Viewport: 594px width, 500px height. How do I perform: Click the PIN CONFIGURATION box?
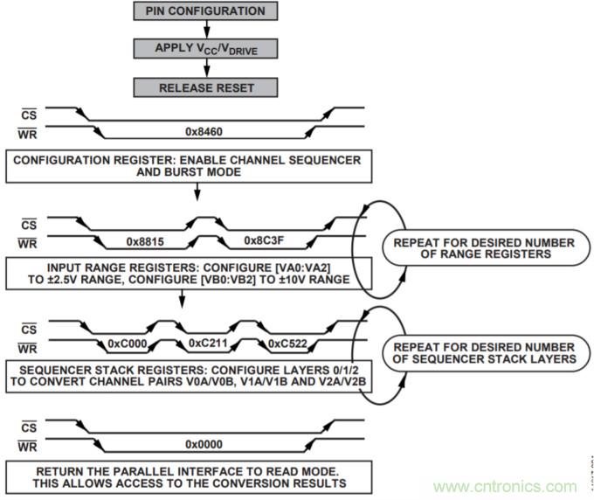tap(204, 11)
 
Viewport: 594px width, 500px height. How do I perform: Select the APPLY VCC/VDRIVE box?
tap(204, 49)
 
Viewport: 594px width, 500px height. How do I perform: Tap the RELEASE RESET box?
tap(204, 87)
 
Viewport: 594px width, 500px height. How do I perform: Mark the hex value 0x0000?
tap(204, 444)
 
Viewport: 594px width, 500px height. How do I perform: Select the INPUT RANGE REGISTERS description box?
tap(182, 271)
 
